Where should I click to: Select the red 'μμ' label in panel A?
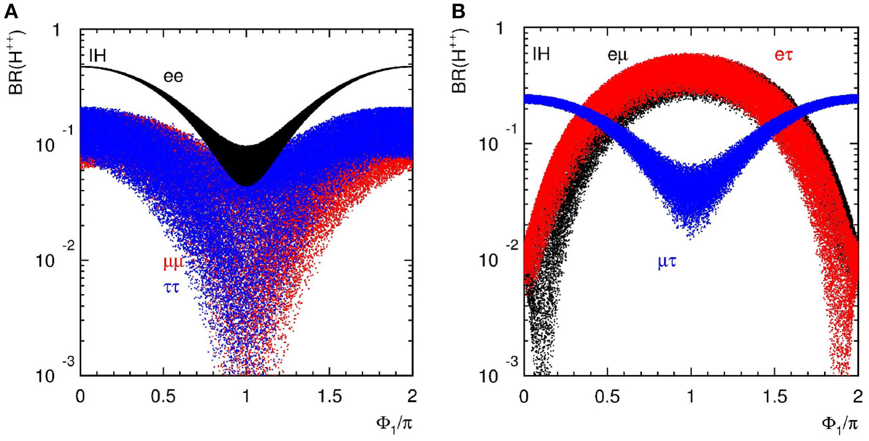tap(173, 264)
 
